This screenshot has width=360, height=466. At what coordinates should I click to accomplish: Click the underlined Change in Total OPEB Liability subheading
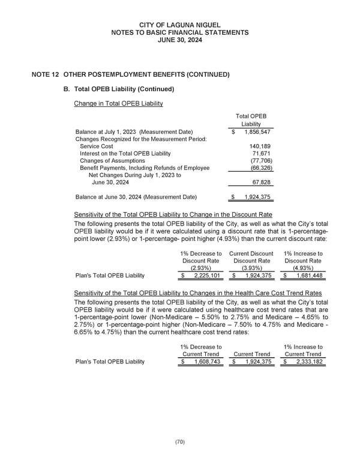pyautogui.click(x=118, y=104)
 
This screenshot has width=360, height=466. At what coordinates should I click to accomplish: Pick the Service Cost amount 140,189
pyautogui.click(x=260, y=147)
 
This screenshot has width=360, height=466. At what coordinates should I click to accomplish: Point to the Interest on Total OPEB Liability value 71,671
pyautogui.click(x=262, y=154)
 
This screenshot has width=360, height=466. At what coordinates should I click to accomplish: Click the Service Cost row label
pyautogui.click(x=96, y=147)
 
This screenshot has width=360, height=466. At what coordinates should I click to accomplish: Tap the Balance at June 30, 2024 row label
pyautogui.click(x=136, y=197)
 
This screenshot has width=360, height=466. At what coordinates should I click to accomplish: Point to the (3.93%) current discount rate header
pyautogui.click(x=251, y=268)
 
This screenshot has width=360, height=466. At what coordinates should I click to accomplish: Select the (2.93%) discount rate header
pyautogui.click(x=200, y=268)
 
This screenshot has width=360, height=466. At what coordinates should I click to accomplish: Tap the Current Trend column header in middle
pyautogui.click(x=251, y=354)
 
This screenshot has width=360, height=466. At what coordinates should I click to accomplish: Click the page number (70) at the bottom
pyautogui.click(x=180, y=442)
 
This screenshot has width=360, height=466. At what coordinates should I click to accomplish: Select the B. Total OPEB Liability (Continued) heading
pyautogui.click(x=119, y=89)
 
